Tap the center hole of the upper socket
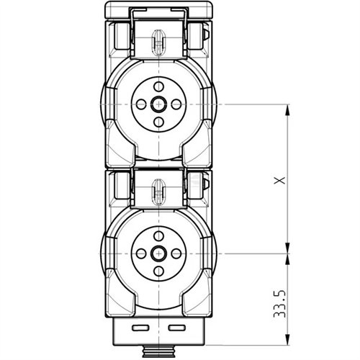coord(158,104)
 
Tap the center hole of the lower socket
coord(158,253)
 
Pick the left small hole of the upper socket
coord(141,104)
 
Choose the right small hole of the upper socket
coord(176,104)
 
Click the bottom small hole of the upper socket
coord(158,122)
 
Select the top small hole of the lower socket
coord(158,235)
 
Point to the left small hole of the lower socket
coord(141,253)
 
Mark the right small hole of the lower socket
coord(176,253)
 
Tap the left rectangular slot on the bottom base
coord(140,328)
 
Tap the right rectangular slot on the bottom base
coord(176,328)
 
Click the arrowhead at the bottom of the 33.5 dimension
coord(288,338)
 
